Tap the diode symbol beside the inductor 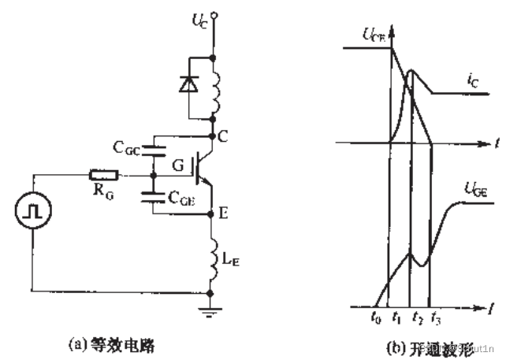[x=188, y=84]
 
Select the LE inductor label [x=234, y=254]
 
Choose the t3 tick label [x=437, y=318]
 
